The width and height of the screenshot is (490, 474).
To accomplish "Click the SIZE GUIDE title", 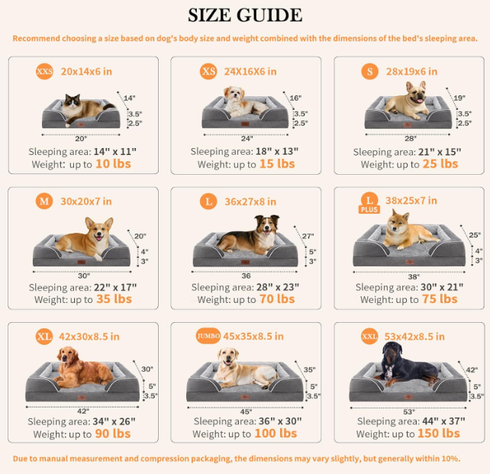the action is (245, 15).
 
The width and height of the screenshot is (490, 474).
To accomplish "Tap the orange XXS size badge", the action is (44, 71).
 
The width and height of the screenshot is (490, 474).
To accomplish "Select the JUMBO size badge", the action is (208, 336).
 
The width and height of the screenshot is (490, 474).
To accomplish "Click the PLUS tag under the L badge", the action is (369, 209).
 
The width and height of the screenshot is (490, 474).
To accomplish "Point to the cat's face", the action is (73, 102).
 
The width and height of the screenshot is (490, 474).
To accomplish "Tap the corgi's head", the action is (99, 230).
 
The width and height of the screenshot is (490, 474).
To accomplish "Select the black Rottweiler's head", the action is (392, 352).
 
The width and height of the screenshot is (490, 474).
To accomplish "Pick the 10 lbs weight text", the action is (113, 164).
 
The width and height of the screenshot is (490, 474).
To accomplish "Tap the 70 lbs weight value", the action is (277, 299).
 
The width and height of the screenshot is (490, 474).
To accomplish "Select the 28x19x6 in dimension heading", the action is (411, 72).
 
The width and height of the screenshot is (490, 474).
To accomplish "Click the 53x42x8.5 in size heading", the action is (414, 337).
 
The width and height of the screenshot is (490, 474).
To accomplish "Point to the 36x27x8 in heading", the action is (250, 202).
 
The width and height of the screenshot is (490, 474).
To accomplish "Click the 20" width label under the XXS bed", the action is (81, 138).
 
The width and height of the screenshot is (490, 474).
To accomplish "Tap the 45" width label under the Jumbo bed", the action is (247, 411).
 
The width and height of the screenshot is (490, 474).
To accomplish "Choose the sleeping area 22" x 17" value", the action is (115, 287).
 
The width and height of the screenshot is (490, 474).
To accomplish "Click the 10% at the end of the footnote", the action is (450, 459).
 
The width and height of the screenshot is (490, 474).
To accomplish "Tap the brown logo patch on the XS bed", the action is (245, 124).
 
